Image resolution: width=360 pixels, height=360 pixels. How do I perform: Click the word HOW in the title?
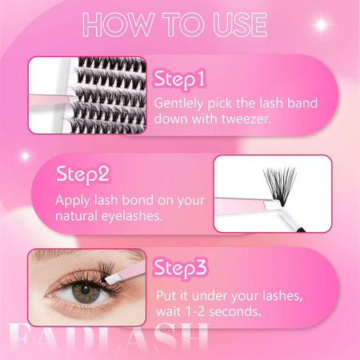click(x=118, y=25)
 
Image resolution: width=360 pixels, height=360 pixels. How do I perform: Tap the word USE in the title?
click(x=240, y=25)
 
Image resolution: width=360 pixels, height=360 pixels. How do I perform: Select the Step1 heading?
click(x=180, y=79)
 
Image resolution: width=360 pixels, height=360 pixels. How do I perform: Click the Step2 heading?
click(x=82, y=174)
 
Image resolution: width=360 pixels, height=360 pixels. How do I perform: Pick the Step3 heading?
click(x=180, y=268)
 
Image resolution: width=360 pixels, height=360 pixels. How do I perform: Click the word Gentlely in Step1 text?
click(x=178, y=103)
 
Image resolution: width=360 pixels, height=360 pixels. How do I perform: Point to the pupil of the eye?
click(x=86, y=290)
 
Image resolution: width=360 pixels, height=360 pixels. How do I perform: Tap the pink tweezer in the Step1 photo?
click(x=50, y=101)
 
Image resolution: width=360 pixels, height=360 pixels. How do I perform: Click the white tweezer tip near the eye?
click(x=114, y=278)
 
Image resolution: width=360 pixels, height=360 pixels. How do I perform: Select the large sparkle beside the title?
click(x=322, y=25)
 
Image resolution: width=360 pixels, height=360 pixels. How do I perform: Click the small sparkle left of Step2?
click(x=25, y=156)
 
